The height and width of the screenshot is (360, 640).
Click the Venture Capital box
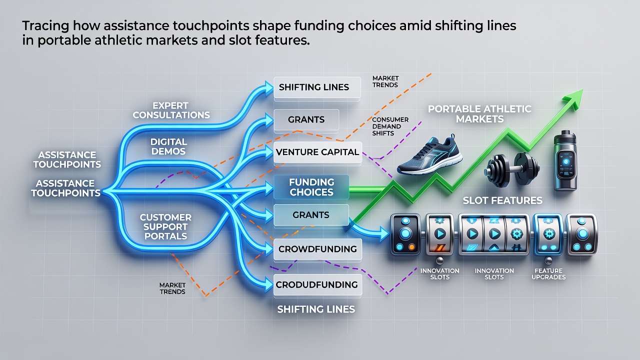coord(317,152)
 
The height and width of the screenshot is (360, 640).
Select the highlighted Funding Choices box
coord(311,187)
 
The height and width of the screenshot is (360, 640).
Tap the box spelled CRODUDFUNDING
coord(317,284)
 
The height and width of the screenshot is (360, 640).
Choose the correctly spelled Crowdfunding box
coord(317,249)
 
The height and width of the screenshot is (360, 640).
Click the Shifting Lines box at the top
coord(317,87)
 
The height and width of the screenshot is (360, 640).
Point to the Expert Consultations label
coord(171,110)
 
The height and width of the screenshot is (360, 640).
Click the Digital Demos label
coord(168,146)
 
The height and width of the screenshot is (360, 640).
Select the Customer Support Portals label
coord(165,226)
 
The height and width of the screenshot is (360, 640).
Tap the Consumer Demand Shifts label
coord(390,126)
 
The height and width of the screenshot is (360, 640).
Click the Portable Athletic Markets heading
coord(479,113)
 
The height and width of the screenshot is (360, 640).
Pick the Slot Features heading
coord(502,200)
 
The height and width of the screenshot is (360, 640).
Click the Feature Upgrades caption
coord(548,273)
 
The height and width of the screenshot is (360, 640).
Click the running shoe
coord(429,155)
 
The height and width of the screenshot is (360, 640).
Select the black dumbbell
coord(511,169)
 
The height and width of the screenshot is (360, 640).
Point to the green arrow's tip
coord(582,89)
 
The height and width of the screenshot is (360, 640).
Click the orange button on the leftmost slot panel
coord(411,247)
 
